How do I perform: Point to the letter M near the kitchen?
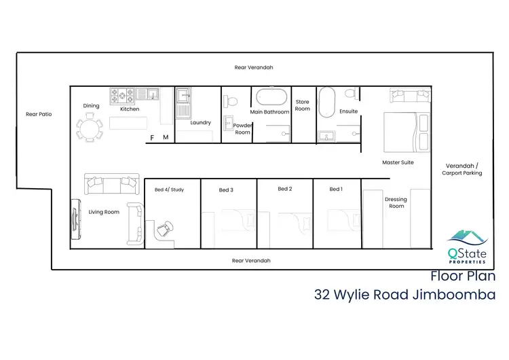pyautogui.click(x=165, y=138)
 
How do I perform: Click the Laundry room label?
pyautogui.click(x=201, y=123)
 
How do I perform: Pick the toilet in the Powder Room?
pyautogui.click(x=231, y=101)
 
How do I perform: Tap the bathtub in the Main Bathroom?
pyautogui.click(x=271, y=98)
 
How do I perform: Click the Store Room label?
pyautogui.click(x=302, y=105)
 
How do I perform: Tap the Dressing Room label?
pyautogui.click(x=396, y=202)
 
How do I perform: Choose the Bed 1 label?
pyautogui.click(x=336, y=189)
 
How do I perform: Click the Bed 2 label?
pyautogui.click(x=284, y=189)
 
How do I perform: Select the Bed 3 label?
pyautogui.click(x=226, y=190)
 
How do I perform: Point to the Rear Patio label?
pyautogui.click(x=39, y=114)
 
